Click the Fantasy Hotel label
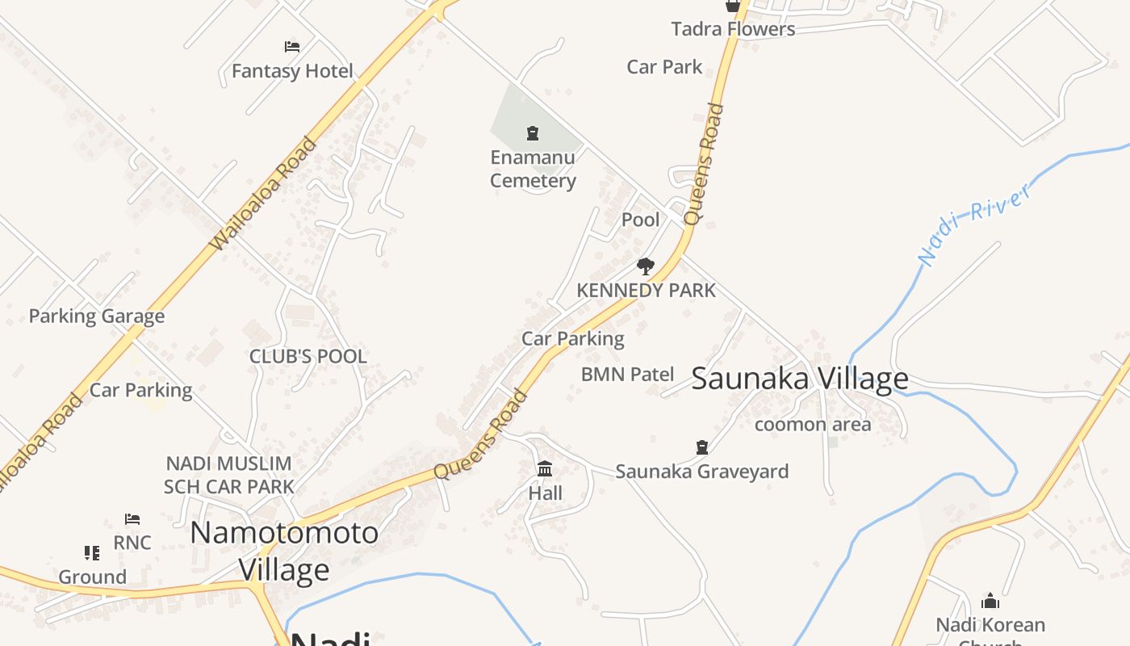pos(292,71)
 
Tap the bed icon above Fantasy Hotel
pos(292,47)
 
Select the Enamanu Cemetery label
pos(533,169)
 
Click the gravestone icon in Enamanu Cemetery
pos(533,133)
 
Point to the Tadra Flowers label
pos(733,29)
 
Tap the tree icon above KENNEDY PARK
pos(645,266)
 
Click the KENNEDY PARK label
pos(646,291)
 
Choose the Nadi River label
pos(976,224)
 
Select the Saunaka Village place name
pos(799,379)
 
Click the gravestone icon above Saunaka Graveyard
pos(702,447)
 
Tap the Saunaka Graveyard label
pos(702,472)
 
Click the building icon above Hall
pos(545,468)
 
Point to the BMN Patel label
pos(627,375)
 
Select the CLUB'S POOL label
pos(308,356)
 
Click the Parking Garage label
pos(97,317)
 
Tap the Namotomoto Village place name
pos(284,551)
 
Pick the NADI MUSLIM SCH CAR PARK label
pos(228,476)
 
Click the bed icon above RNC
pos(132,518)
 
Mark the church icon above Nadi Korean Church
pos(990,601)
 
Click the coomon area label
pos(813,425)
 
